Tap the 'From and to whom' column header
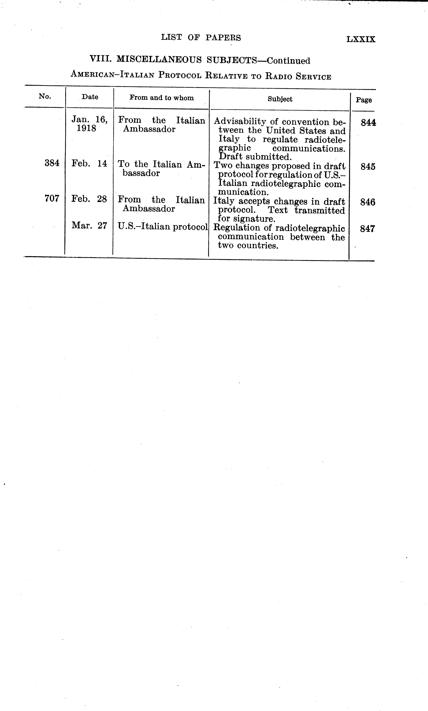click(162, 98)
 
